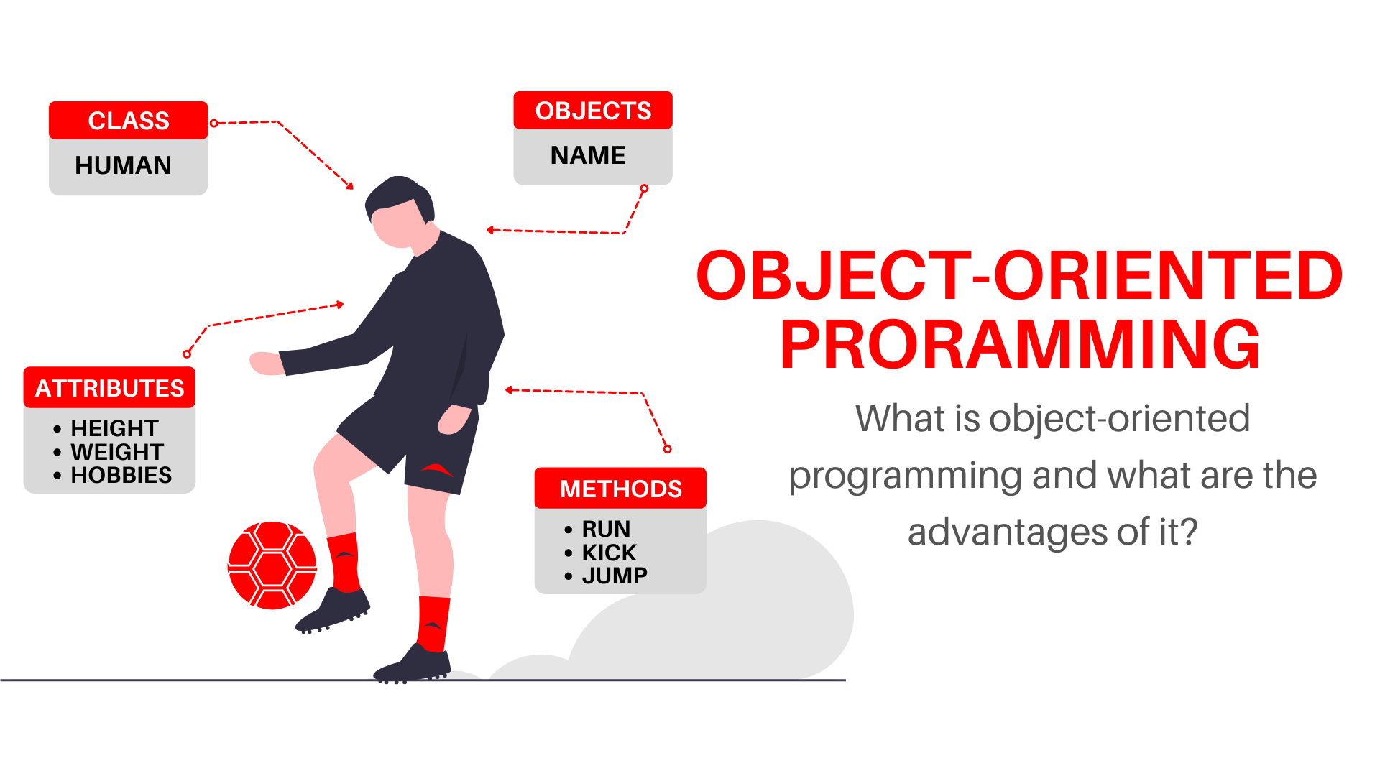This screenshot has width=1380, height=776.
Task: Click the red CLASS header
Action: coord(128,121)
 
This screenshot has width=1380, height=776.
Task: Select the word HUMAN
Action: coord(123,165)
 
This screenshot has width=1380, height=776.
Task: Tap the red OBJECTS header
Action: coord(593,111)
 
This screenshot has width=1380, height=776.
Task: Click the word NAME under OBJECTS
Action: coord(588,155)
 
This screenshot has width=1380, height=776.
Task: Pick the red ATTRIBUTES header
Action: coord(109,388)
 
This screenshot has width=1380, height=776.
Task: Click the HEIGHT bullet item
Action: coord(114,428)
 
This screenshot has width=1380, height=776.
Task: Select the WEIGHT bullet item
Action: coord(117,452)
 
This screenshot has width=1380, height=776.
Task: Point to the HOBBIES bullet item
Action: coord(121,475)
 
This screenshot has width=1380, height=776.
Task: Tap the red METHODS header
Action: coord(620,489)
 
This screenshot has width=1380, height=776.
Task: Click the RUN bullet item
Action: coord(606,529)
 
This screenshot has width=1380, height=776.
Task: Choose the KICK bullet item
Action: coord(609,553)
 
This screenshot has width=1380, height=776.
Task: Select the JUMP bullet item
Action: coord(615,576)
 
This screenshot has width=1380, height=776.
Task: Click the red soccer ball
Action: coord(272,565)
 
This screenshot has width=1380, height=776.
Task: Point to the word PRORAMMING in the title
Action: coord(1020,346)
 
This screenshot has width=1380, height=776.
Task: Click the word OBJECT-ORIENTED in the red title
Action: coord(1019,276)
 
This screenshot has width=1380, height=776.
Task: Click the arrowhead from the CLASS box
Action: coord(350,186)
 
